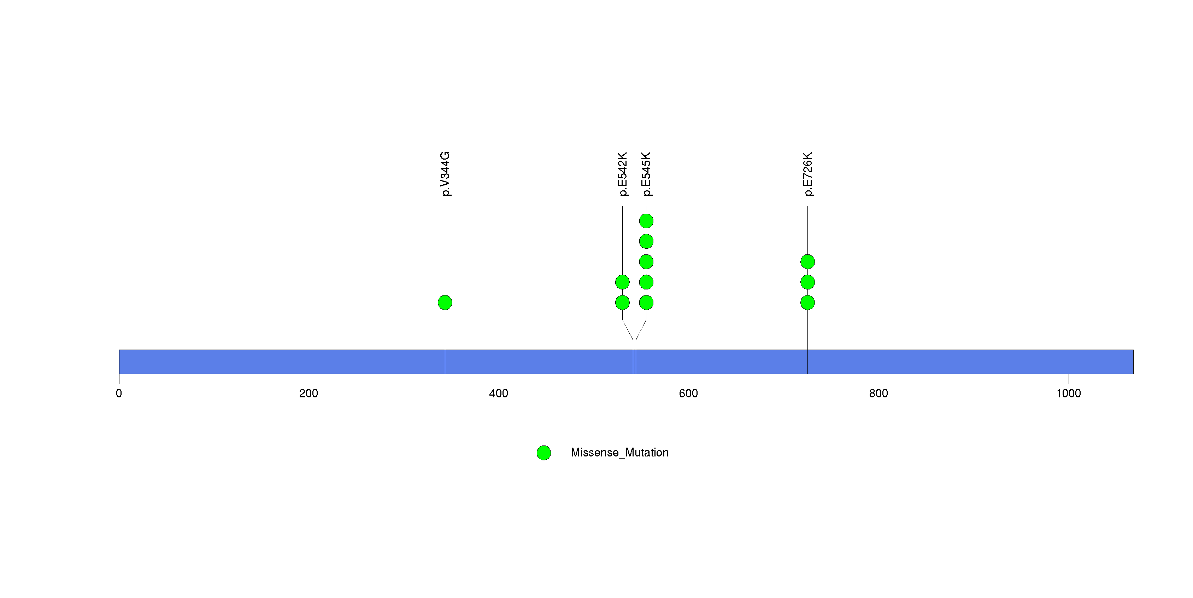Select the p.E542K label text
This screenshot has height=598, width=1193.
(623, 174)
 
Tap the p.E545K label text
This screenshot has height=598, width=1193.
(647, 174)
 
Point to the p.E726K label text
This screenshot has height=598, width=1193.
(808, 174)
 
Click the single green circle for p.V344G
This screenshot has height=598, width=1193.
(445, 303)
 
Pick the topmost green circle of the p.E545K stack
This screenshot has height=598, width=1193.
(647, 221)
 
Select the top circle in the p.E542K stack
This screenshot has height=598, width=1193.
(622, 282)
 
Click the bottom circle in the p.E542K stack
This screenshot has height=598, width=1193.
(622, 303)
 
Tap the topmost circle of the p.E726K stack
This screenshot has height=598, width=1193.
(808, 262)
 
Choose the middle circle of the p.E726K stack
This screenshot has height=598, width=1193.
(808, 282)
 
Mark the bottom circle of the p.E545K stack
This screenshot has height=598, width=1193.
(647, 303)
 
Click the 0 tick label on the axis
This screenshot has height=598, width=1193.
(119, 393)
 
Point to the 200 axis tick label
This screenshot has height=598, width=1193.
(309, 393)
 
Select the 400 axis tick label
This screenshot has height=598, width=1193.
(499, 393)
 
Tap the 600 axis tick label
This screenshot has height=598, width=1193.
(689, 393)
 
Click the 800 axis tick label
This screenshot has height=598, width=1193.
(878, 393)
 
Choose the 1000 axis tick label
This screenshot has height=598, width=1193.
(1068, 393)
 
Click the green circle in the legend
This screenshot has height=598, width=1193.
(544, 453)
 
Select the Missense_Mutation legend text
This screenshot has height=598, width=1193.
(620, 453)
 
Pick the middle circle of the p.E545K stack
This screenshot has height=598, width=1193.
(647, 262)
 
